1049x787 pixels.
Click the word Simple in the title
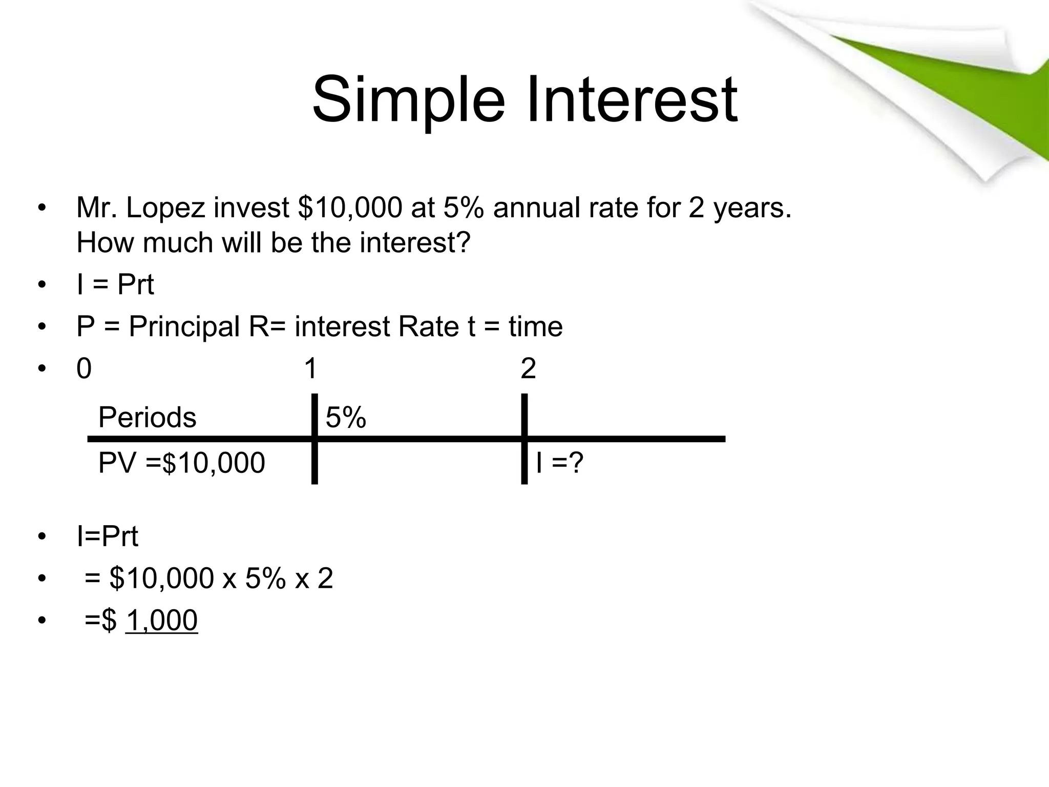(408, 100)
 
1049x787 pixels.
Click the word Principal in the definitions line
(184, 326)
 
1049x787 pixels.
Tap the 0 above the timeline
(84, 368)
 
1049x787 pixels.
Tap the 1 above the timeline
(310, 368)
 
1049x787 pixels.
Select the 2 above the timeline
(528, 368)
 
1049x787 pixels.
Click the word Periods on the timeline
(147, 417)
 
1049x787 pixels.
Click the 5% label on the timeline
(346, 417)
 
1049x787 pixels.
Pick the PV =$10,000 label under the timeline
(181, 463)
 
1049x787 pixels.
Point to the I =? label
(559, 463)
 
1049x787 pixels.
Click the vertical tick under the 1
(314, 461)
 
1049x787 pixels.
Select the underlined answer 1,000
(161, 620)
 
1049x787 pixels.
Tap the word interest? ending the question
(414, 242)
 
